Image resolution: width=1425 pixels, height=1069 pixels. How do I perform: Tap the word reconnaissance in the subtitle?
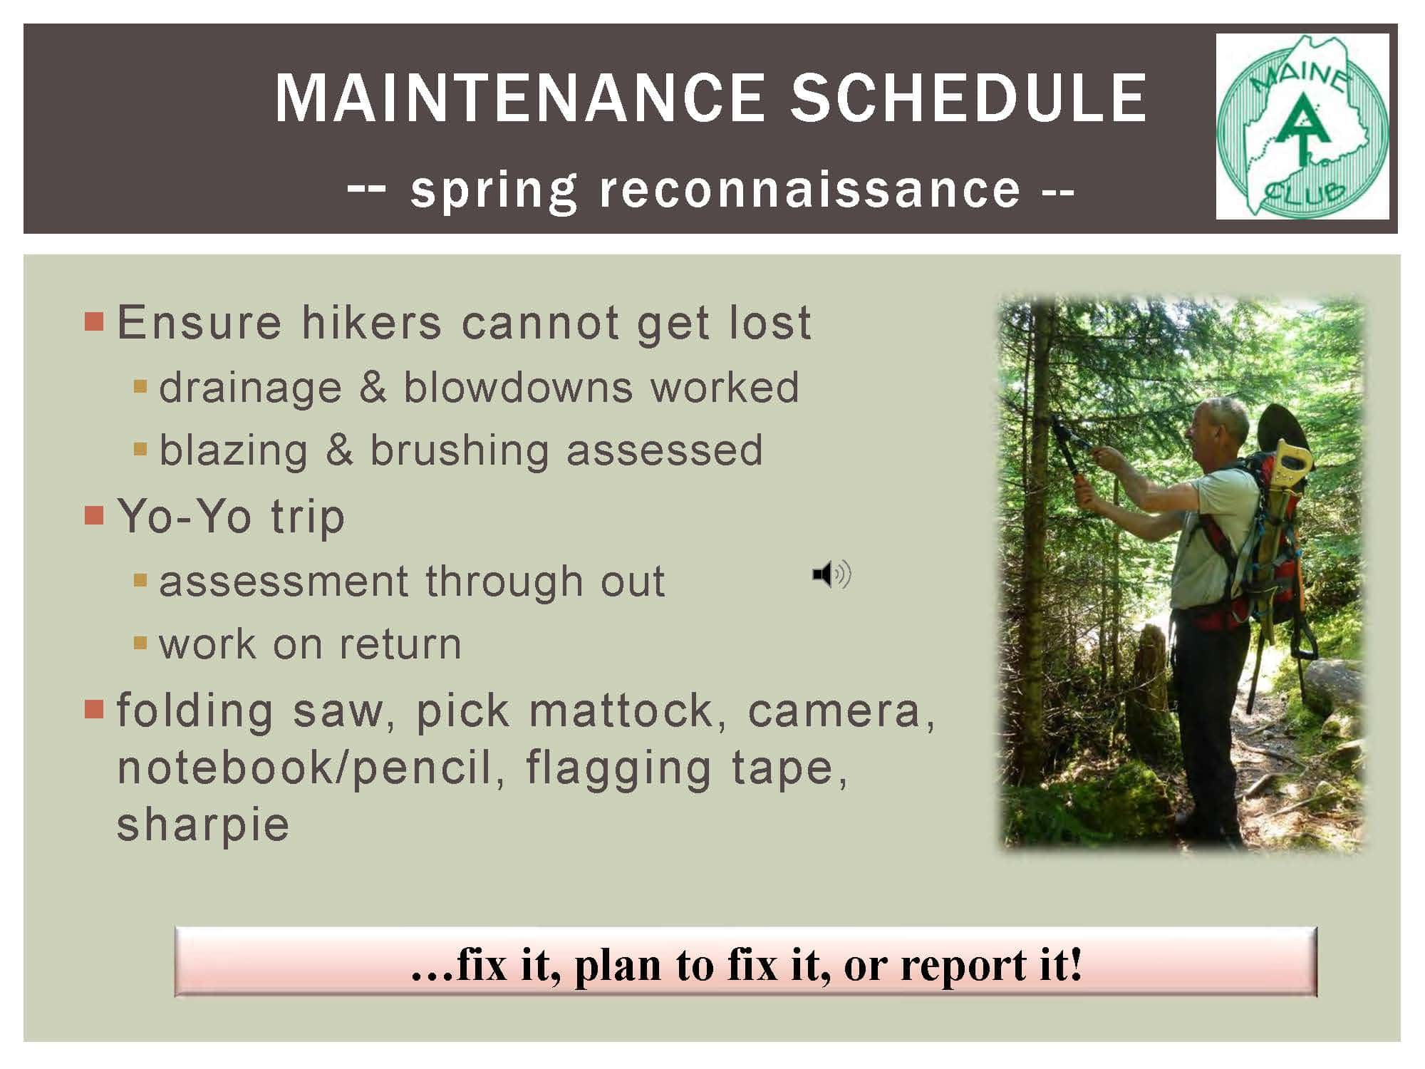coord(810,190)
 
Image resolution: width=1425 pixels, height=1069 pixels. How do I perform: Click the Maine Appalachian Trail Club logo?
coord(1302,126)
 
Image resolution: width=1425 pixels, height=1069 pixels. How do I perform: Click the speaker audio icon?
coord(831,574)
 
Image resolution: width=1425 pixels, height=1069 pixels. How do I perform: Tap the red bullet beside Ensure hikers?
coord(94,321)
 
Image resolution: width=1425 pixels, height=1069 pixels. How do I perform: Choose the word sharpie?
coord(203,825)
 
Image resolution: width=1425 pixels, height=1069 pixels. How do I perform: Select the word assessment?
coord(284,581)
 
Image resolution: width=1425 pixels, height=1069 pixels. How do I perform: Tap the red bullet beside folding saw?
coord(94,709)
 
